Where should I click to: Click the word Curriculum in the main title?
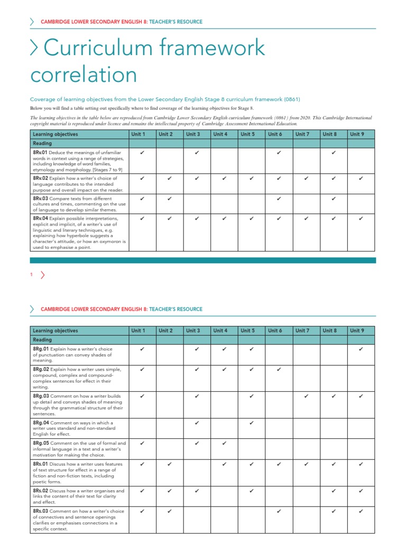pos(95,48)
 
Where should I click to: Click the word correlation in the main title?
pos(84,75)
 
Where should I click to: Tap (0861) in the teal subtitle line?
pos(291,100)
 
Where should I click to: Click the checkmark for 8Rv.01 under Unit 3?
pos(197,153)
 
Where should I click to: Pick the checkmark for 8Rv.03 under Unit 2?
pos(169,198)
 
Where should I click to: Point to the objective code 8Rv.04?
pos(40,218)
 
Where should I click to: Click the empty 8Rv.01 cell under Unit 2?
pos(169,161)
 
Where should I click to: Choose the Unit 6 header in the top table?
pos(275,134)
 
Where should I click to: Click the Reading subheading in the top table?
pos(42,143)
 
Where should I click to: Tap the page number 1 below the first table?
pos(32,274)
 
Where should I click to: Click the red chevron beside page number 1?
pos(42,274)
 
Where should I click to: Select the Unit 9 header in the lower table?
pos(357,331)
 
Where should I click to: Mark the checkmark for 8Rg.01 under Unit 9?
pos(361,349)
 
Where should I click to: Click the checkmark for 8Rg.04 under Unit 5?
pos(252,423)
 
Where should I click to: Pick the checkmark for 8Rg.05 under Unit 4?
pos(224,443)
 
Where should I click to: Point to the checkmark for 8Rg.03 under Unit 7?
pos(307,396)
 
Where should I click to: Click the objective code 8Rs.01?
pos(40,464)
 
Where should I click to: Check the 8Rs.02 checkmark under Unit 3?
pos(197,491)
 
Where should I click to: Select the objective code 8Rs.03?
pos(40,511)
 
